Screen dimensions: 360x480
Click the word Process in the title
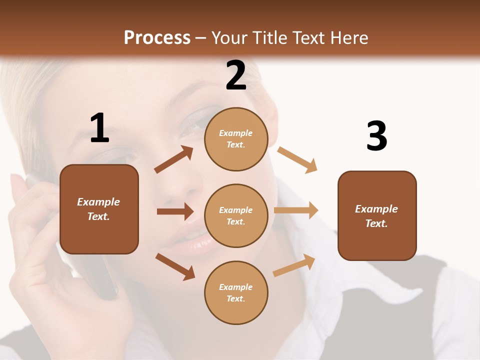(157, 38)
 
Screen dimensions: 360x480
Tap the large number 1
(99, 128)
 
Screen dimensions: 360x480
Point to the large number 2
(236, 75)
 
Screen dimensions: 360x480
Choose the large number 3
(376, 136)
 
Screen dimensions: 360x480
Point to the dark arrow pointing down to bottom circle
(175, 266)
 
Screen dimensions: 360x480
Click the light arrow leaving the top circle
(297, 160)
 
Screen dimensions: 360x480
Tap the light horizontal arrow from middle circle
(296, 210)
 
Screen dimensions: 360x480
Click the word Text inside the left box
(98, 216)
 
